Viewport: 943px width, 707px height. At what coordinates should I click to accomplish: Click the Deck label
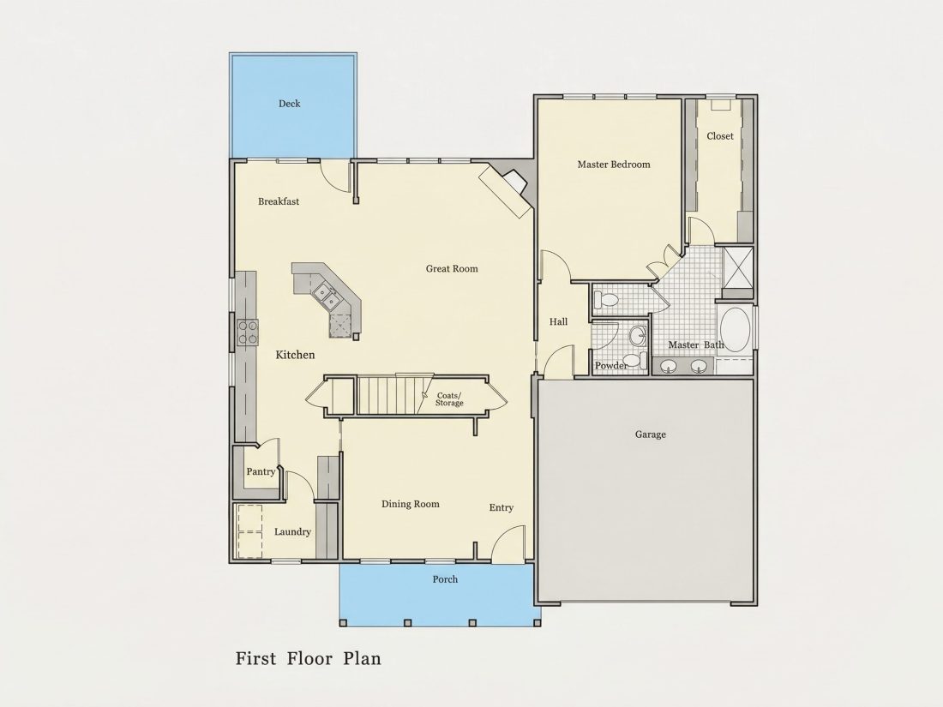pyautogui.click(x=289, y=104)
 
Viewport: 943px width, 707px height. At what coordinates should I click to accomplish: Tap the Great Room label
pyautogui.click(x=452, y=269)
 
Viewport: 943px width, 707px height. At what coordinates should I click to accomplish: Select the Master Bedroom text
pyautogui.click(x=614, y=165)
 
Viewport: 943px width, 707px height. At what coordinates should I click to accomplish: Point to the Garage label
pyautogui.click(x=650, y=434)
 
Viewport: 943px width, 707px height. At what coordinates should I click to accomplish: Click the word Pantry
pyautogui.click(x=261, y=471)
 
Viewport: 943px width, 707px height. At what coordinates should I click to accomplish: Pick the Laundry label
pyautogui.click(x=292, y=532)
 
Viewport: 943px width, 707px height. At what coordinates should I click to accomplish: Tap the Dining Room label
pyautogui.click(x=410, y=504)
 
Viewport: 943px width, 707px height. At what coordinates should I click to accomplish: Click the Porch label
pyautogui.click(x=445, y=579)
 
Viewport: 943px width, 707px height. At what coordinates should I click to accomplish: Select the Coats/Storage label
pyautogui.click(x=449, y=399)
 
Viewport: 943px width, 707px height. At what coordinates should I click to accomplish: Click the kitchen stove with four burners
pyautogui.click(x=247, y=333)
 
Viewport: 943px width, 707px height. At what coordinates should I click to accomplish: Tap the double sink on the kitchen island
pyautogui.click(x=324, y=293)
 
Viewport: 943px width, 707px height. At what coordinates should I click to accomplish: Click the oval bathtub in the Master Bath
pyautogui.click(x=735, y=329)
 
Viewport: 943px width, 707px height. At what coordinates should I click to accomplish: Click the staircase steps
pyautogui.click(x=387, y=395)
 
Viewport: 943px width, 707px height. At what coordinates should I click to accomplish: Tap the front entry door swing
pyautogui.click(x=508, y=543)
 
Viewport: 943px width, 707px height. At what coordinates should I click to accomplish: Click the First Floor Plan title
pyautogui.click(x=308, y=658)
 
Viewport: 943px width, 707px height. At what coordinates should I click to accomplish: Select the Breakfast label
pyautogui.click(x=279, y=201)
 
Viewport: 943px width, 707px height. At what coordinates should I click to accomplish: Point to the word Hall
pyautogui.click(x=558, y=321)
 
